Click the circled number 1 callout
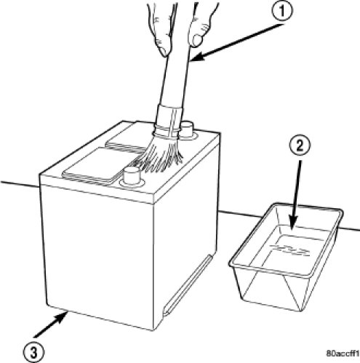coord(282,11)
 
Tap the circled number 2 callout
coord(300,145)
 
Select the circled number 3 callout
coord(33,353)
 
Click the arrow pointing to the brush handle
coord(237,42)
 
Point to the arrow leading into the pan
coord(297,195)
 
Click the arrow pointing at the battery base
coord(51,324)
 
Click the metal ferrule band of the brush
coord(169,121)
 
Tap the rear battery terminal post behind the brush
coord(187,130)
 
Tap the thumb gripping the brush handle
coord(198,30)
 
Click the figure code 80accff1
coord(343,354)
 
